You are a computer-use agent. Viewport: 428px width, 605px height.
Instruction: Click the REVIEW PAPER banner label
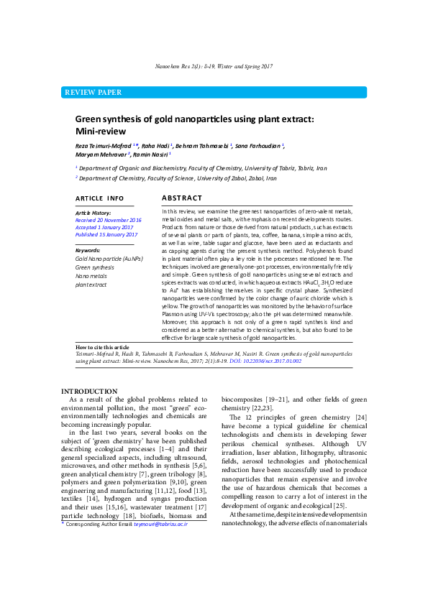point(93,93)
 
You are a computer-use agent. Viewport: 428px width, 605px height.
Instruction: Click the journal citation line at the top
point(214,66)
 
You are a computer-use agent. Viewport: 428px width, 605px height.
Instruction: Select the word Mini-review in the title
point(101,131)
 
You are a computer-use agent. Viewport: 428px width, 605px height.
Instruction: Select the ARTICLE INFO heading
point(99,198)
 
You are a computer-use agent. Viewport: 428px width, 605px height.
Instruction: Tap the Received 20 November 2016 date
point(109,220)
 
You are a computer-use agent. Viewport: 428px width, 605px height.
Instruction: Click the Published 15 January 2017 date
point(106,234)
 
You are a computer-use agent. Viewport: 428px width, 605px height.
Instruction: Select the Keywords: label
point(88,250)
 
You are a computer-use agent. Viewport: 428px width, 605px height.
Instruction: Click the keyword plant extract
point(91,285)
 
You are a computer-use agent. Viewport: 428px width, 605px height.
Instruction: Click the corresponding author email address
point(160,525)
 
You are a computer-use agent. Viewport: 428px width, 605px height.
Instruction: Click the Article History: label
point(94,213)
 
